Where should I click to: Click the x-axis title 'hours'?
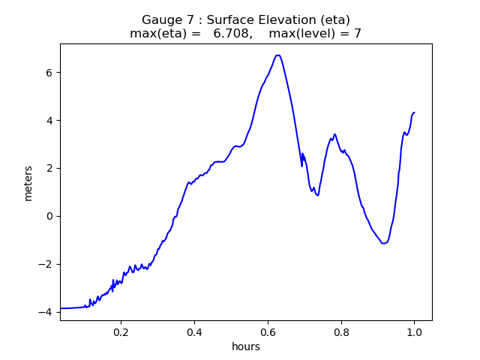click(x=246, y=346)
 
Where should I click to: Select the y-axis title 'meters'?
click(x=28, y=183)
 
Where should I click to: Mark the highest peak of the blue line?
click(x=277, y=55)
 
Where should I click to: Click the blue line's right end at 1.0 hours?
click(x=414, y=112)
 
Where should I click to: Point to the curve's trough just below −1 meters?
click(x=384, y=243)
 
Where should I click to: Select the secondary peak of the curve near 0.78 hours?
click(x=334, y=134)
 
